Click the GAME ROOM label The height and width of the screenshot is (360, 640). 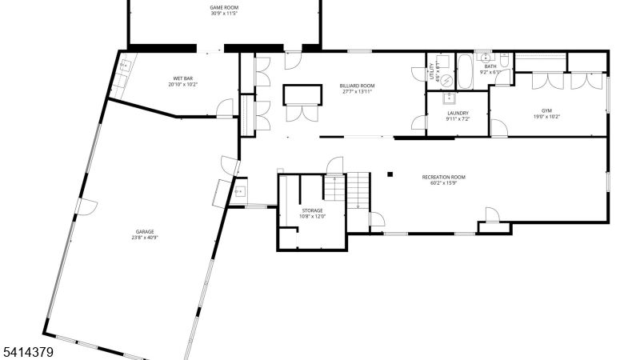click(x=224, y=7)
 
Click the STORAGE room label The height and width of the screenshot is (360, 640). click(x=311, y=210)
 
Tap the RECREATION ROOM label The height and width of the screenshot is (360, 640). click(x=443, y=177)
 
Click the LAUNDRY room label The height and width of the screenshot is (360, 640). click(x=458, y=113)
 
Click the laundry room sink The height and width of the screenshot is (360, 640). click(x=450, y=98)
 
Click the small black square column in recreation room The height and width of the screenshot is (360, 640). click(x=390, y=174)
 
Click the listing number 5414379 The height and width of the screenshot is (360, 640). click(x=27, y=350)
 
